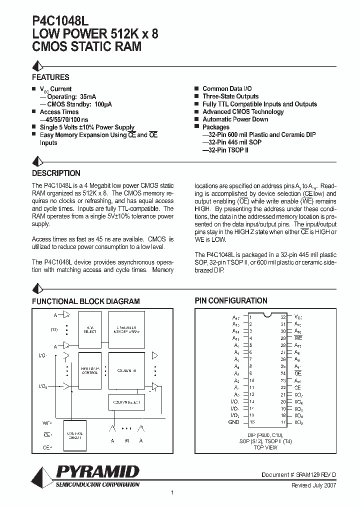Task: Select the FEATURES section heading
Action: click(50, 77)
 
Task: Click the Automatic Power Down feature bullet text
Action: click(235, 119)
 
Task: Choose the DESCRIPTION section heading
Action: click(56, 173)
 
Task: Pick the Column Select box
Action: click(126, 401)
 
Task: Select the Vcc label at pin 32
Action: click(298, 317)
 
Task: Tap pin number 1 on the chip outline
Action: click(250, 317)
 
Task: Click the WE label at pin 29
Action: click(298, 338)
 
